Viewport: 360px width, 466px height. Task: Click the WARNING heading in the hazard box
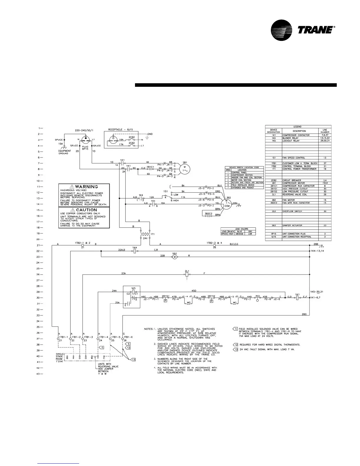[x=86, y=187]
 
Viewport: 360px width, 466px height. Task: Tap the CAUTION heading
[x=86, y=210]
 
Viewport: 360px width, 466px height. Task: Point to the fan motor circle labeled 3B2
[x=227, y=203]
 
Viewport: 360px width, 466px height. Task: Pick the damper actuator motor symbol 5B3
[x=174, y=257]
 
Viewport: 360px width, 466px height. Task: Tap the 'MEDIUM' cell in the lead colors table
[x=240, y=234]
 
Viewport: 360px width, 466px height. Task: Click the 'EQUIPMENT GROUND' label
[x=64, y=152]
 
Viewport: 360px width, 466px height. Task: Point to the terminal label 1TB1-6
[x=128, y=337]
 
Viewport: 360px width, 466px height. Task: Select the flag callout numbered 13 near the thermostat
[x=134, y=360]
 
